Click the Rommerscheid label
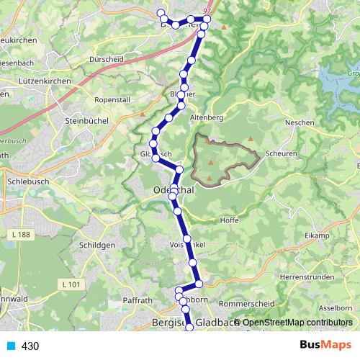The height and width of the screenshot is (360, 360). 246,304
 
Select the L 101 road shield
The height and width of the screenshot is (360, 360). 72,285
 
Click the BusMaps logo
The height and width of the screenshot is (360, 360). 325,346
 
